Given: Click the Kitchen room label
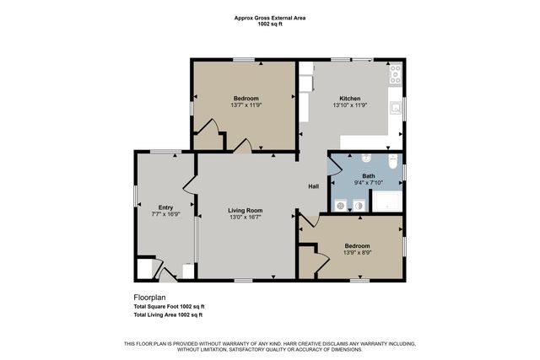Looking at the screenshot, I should pyautogui.click(x=350, y=98).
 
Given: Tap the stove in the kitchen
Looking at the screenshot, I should pyautogui.click(x=395, y=75).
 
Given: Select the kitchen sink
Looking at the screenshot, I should pyautogui.click(x=395, y=107).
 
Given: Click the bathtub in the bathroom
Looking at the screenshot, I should pyautogui.click(x=387, y=202).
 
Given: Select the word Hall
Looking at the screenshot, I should pyautogui.click(x=312, y=186).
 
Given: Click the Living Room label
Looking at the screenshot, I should pyautogui.click(x=246, y=210).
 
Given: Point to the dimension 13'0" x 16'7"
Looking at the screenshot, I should pyautogui.click(x=246, y=218).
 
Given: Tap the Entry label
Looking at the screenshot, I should pyautogui.click(x=165, y=207).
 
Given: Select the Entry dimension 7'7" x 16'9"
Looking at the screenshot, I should pyautogui.click(x=165, y=215).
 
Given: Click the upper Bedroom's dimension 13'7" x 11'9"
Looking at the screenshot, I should pyautogui.click(x=246, y=105).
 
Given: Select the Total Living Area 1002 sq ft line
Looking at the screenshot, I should pyautogui.click(x=169, y=314).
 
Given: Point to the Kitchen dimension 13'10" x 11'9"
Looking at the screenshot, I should pyautogui.click(x=350, y=105).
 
